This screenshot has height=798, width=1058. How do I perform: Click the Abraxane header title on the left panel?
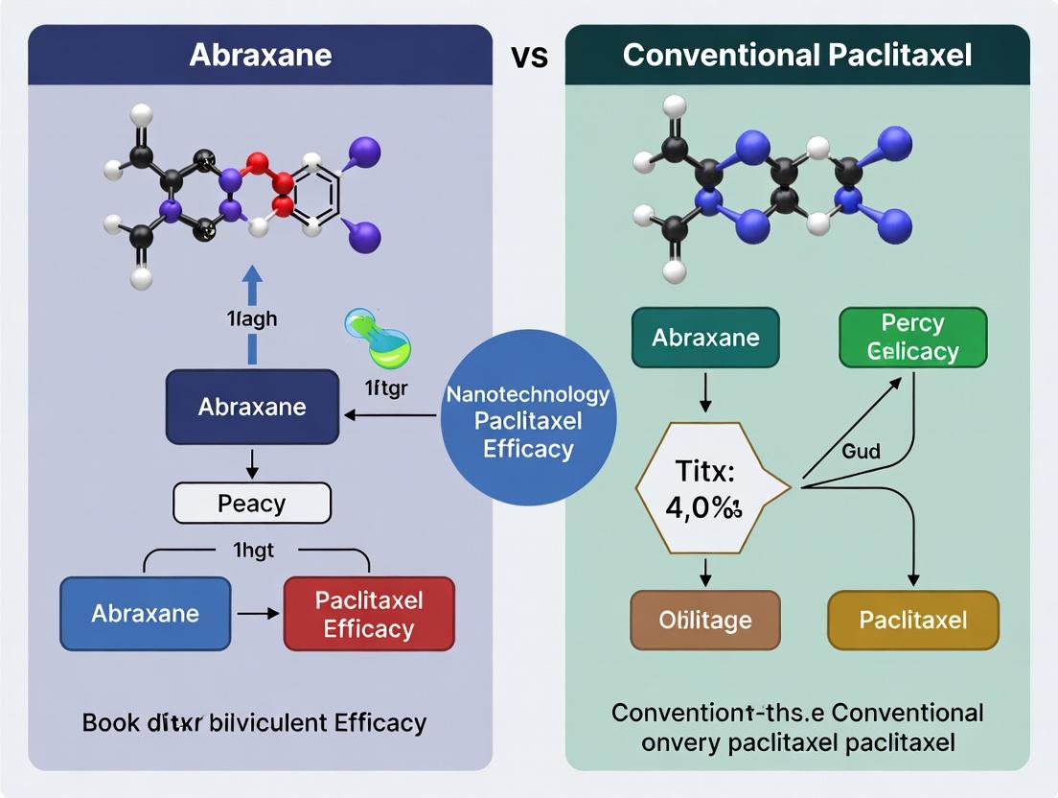point(260,54)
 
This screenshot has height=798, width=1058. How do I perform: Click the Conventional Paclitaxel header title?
point(796,54)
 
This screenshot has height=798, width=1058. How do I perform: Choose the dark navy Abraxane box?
point(251,407)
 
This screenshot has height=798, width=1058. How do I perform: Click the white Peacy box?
point(251,503)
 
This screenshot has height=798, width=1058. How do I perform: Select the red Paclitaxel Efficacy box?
point(368,615)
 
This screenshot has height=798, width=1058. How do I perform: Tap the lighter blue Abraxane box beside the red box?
point(146,613)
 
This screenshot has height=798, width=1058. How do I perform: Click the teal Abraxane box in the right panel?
point(705,338)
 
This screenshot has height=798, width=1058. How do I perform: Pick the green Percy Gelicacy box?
point(912,338)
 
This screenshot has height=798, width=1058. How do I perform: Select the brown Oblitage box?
point(704,620)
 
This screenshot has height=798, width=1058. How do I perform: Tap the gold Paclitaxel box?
point(912,620)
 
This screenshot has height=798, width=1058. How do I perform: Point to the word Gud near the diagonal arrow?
point(861,451)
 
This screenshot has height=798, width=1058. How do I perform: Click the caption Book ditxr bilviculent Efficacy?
point(254,721)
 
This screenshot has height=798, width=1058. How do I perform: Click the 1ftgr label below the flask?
point(387,388)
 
